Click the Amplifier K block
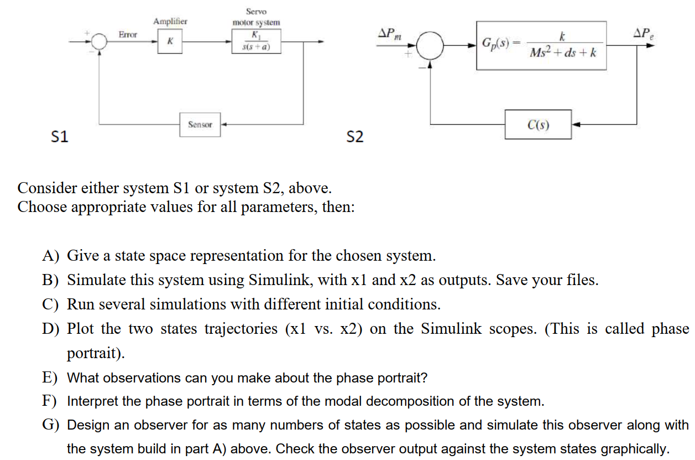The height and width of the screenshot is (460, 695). [x=170, y=42]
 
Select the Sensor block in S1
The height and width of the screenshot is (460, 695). [x=200, y=125]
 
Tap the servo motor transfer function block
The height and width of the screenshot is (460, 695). [x=257, y=42]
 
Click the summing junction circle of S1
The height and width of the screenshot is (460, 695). [x=100, y=42]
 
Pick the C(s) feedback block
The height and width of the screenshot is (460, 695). [x=538, y=125]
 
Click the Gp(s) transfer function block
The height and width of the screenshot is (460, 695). [x=541, y=45]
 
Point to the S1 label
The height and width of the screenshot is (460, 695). [x=60, y=136]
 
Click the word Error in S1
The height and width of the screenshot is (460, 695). [x=128, y=34]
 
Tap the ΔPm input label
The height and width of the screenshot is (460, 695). [x=390, y=34]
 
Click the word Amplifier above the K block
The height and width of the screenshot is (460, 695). [x=170, y=21]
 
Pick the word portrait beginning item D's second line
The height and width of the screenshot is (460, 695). [x=92, y=353]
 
